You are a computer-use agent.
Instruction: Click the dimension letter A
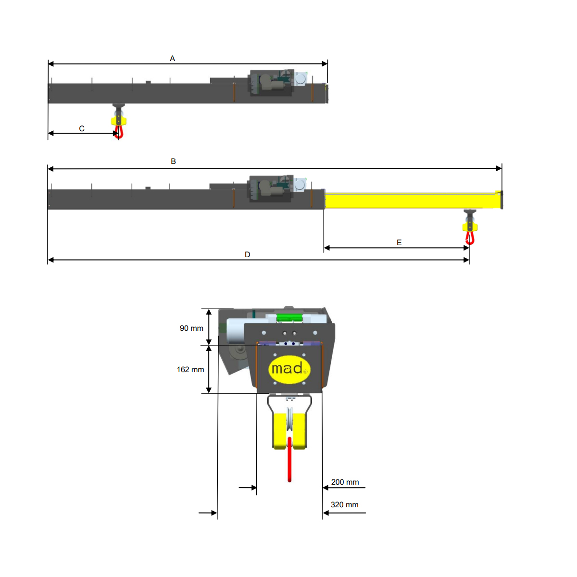(x=172, y=58)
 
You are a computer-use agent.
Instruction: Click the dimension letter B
(x=173, y=161)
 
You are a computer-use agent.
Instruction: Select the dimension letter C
(x=82, y=128)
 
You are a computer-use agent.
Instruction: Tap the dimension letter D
(x=247, y=254)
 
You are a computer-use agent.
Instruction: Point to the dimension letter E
(x=399, y=242)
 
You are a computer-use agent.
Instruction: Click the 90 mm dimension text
(x=191, y=328)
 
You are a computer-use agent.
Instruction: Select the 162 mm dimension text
(x=190, y=369)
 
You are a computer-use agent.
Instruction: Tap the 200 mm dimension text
(x=345, y=482)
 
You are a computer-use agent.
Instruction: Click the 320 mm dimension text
(x=344, y=504)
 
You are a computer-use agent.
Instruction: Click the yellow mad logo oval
(x=289, y=369)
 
